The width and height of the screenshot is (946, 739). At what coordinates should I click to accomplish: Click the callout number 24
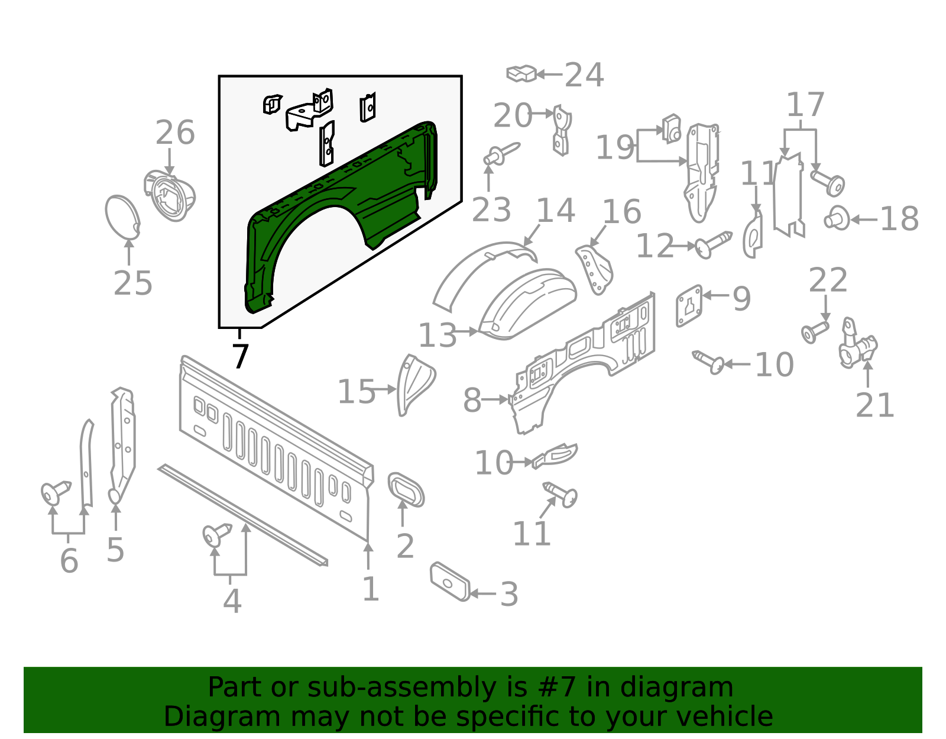coord(584,75)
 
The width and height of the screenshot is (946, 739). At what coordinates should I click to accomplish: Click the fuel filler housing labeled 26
coord(171,195)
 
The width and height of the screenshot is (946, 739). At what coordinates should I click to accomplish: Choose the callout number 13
coord(438,335)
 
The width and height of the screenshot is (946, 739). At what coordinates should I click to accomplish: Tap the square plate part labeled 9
coord(689,305)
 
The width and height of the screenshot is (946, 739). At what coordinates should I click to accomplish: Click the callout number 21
coord(874,406)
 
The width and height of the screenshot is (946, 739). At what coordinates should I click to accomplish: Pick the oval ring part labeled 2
coord(406,490)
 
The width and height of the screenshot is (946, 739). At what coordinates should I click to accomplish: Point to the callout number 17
coord(805,105)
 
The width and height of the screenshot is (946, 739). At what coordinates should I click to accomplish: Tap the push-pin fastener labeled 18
coord(836,219)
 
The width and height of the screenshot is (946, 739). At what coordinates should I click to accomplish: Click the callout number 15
coord(356,392)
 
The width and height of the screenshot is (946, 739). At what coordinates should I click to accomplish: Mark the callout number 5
coord(115,550)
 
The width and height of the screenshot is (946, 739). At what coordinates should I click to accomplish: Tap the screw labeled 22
coord(815,331)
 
